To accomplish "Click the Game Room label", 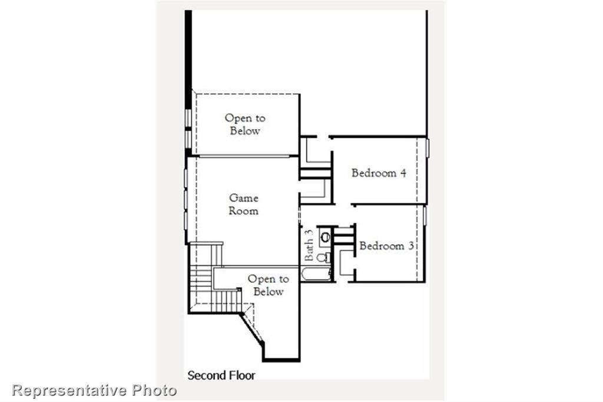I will coord(244,205).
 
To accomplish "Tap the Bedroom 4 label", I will coord(379,173).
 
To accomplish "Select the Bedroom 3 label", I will coord(386,246).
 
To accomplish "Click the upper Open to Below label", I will coord(245,124).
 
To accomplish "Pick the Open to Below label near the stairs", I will coord(268,285).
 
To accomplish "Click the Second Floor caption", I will coord(221,375).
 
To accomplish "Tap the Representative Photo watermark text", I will coord(94,390).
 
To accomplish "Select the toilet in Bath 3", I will coord(323,258).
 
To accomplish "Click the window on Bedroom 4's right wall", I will coord(427,148).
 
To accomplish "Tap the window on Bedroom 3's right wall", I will coord(424,215).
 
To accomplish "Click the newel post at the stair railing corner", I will coord(239,289).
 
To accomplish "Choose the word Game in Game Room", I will coord(244,198).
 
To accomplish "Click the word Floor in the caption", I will coord(242,375).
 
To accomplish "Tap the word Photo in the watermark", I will coord(154,390).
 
